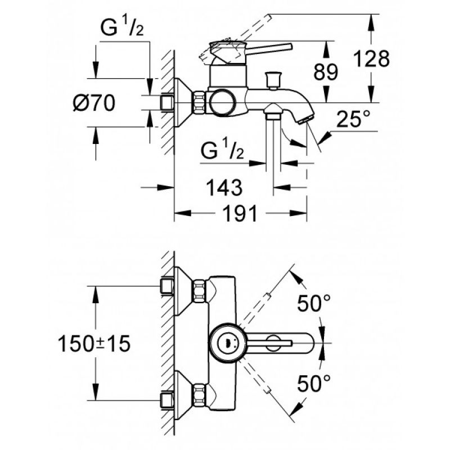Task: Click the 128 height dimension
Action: (371, 59)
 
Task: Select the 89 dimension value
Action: (326, 72)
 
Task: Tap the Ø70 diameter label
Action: (94, 103)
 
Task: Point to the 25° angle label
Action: (353, 119)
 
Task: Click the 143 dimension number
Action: (224, 187)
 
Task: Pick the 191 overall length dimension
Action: (240, 214)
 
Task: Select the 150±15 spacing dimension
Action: (94, 343)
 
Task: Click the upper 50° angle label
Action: (314, 303)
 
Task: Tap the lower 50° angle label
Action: (314, 383)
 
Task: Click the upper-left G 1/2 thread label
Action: (122, 26)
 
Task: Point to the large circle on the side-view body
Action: (222, 103)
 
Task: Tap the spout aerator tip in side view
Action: (307, 120)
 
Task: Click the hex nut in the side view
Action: (200, 102)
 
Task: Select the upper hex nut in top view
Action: (200, 291)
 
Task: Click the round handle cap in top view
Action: (228, 343)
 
